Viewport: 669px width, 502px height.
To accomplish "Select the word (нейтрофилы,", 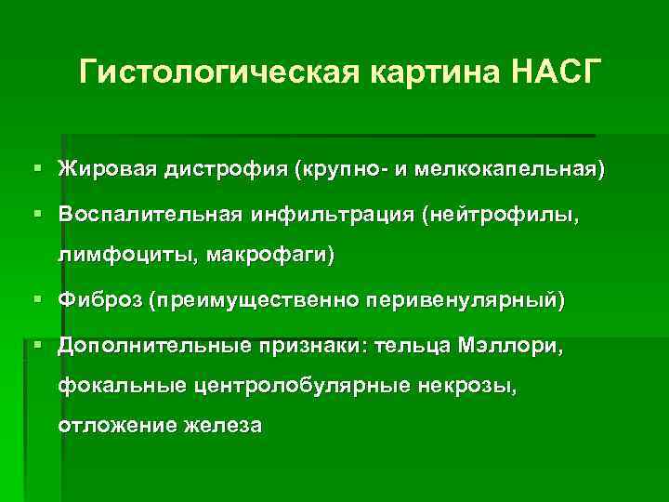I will pyautogui.click(x=503, y=216).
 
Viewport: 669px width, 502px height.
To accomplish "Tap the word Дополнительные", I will pyautogui.click(x=153, y=347).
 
